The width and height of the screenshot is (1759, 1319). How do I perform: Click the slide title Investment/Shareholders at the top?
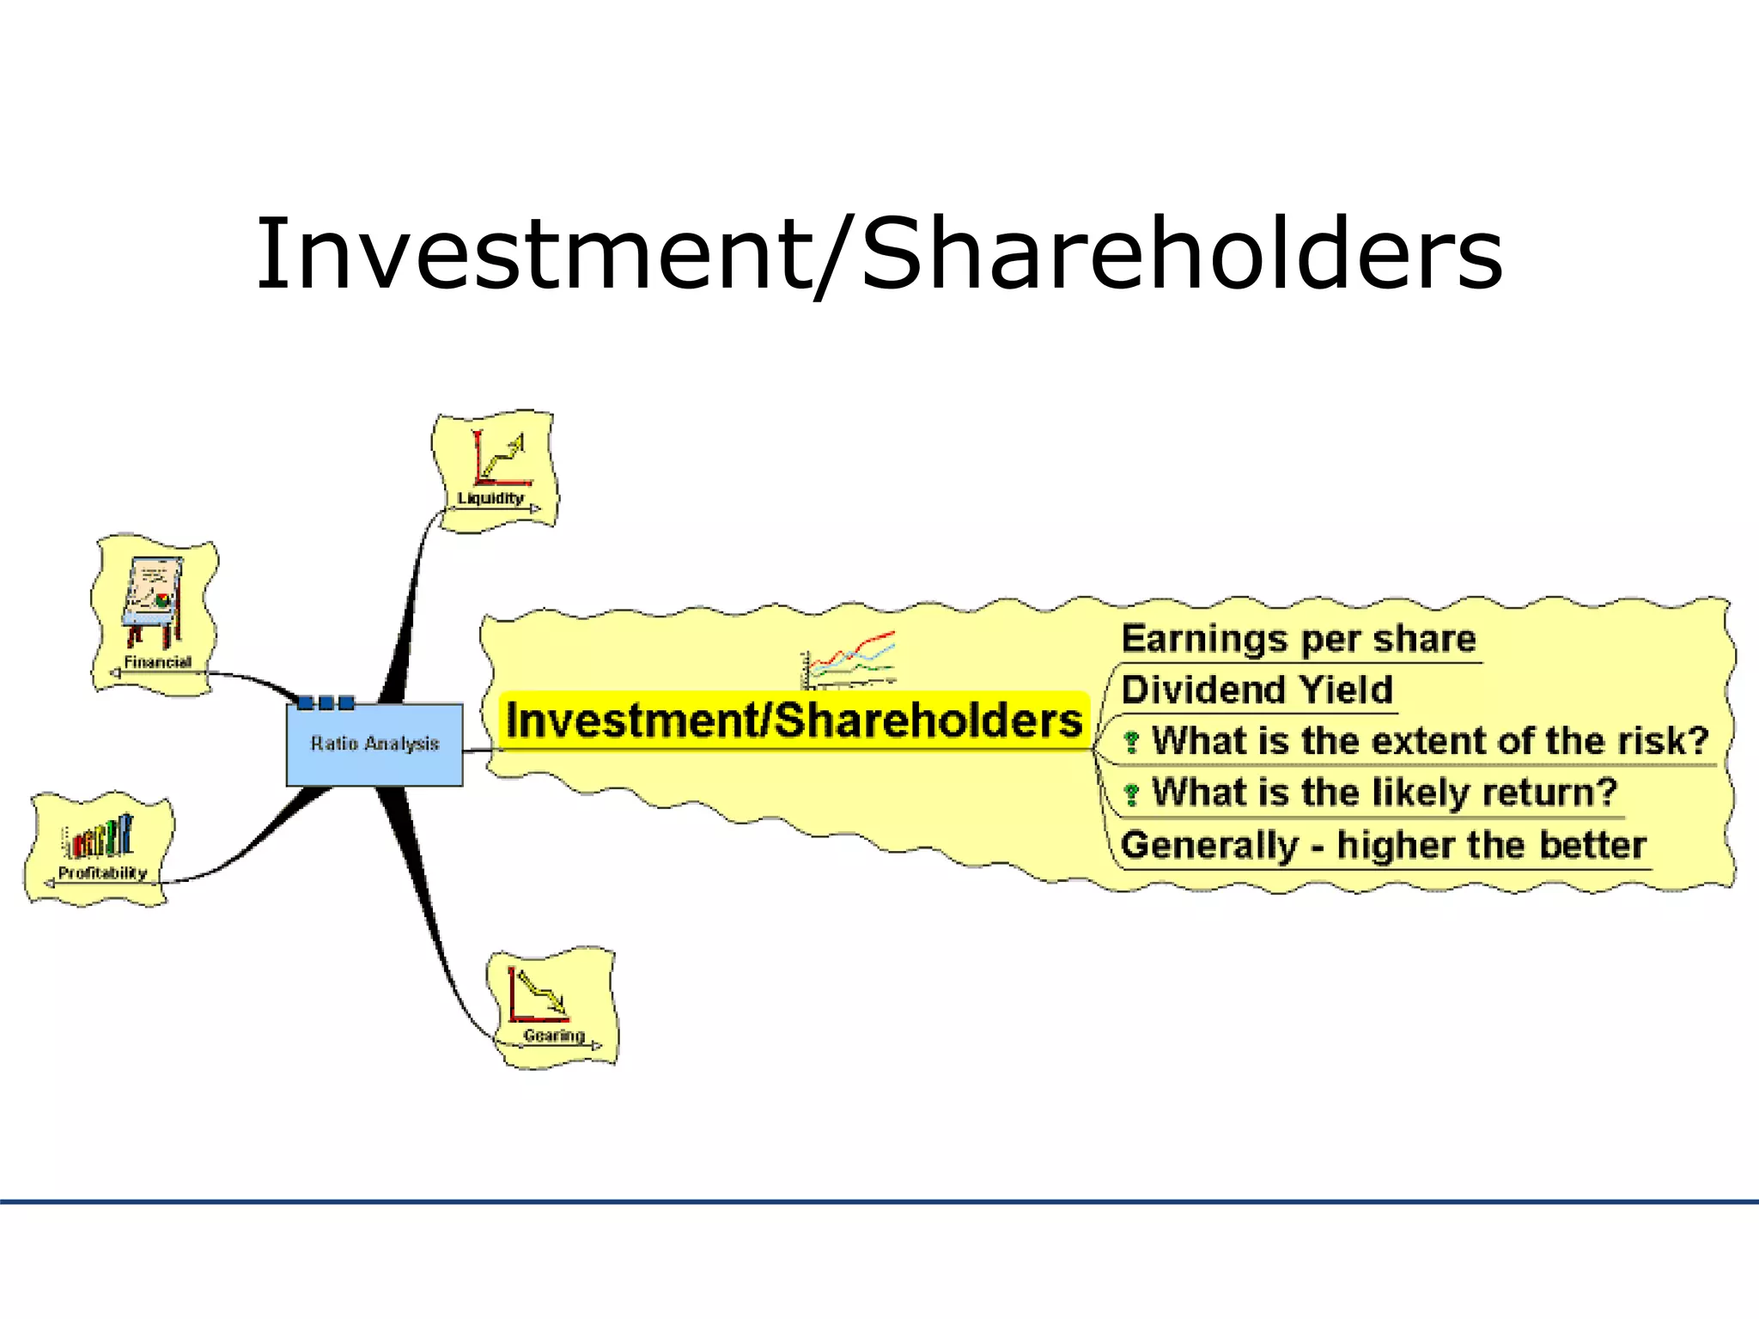(x=879, y=254)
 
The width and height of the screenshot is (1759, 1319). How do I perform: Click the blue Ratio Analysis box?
(x=374, y=745)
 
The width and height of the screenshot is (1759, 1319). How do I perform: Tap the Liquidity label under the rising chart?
(x=490, y=498)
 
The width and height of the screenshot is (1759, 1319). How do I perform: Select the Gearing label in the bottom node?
(x=554, y=1036)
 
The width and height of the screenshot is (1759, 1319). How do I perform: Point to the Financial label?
(x=157, y=662)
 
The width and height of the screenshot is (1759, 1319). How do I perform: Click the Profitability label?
(x=102, y=873)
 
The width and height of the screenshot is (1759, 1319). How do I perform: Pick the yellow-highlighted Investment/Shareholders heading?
(x=794, y=720)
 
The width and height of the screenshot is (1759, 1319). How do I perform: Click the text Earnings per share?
(x=1298, y=639)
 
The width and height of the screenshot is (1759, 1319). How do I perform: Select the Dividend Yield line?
(x=1257, y=690)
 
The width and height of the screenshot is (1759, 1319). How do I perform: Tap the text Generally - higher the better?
(x=1383, y=845)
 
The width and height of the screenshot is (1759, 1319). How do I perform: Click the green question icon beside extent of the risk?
(x=1132, y=742)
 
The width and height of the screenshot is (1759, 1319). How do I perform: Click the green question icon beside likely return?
(x=1132, y=794)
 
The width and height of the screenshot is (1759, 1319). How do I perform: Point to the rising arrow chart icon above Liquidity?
(x=500, y=457)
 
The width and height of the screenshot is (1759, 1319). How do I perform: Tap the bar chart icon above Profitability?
(x=100, y=836)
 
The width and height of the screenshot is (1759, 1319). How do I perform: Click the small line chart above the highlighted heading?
(x=849, y=659)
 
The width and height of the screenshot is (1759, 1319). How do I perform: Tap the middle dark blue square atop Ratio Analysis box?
(x=326, y=702)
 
